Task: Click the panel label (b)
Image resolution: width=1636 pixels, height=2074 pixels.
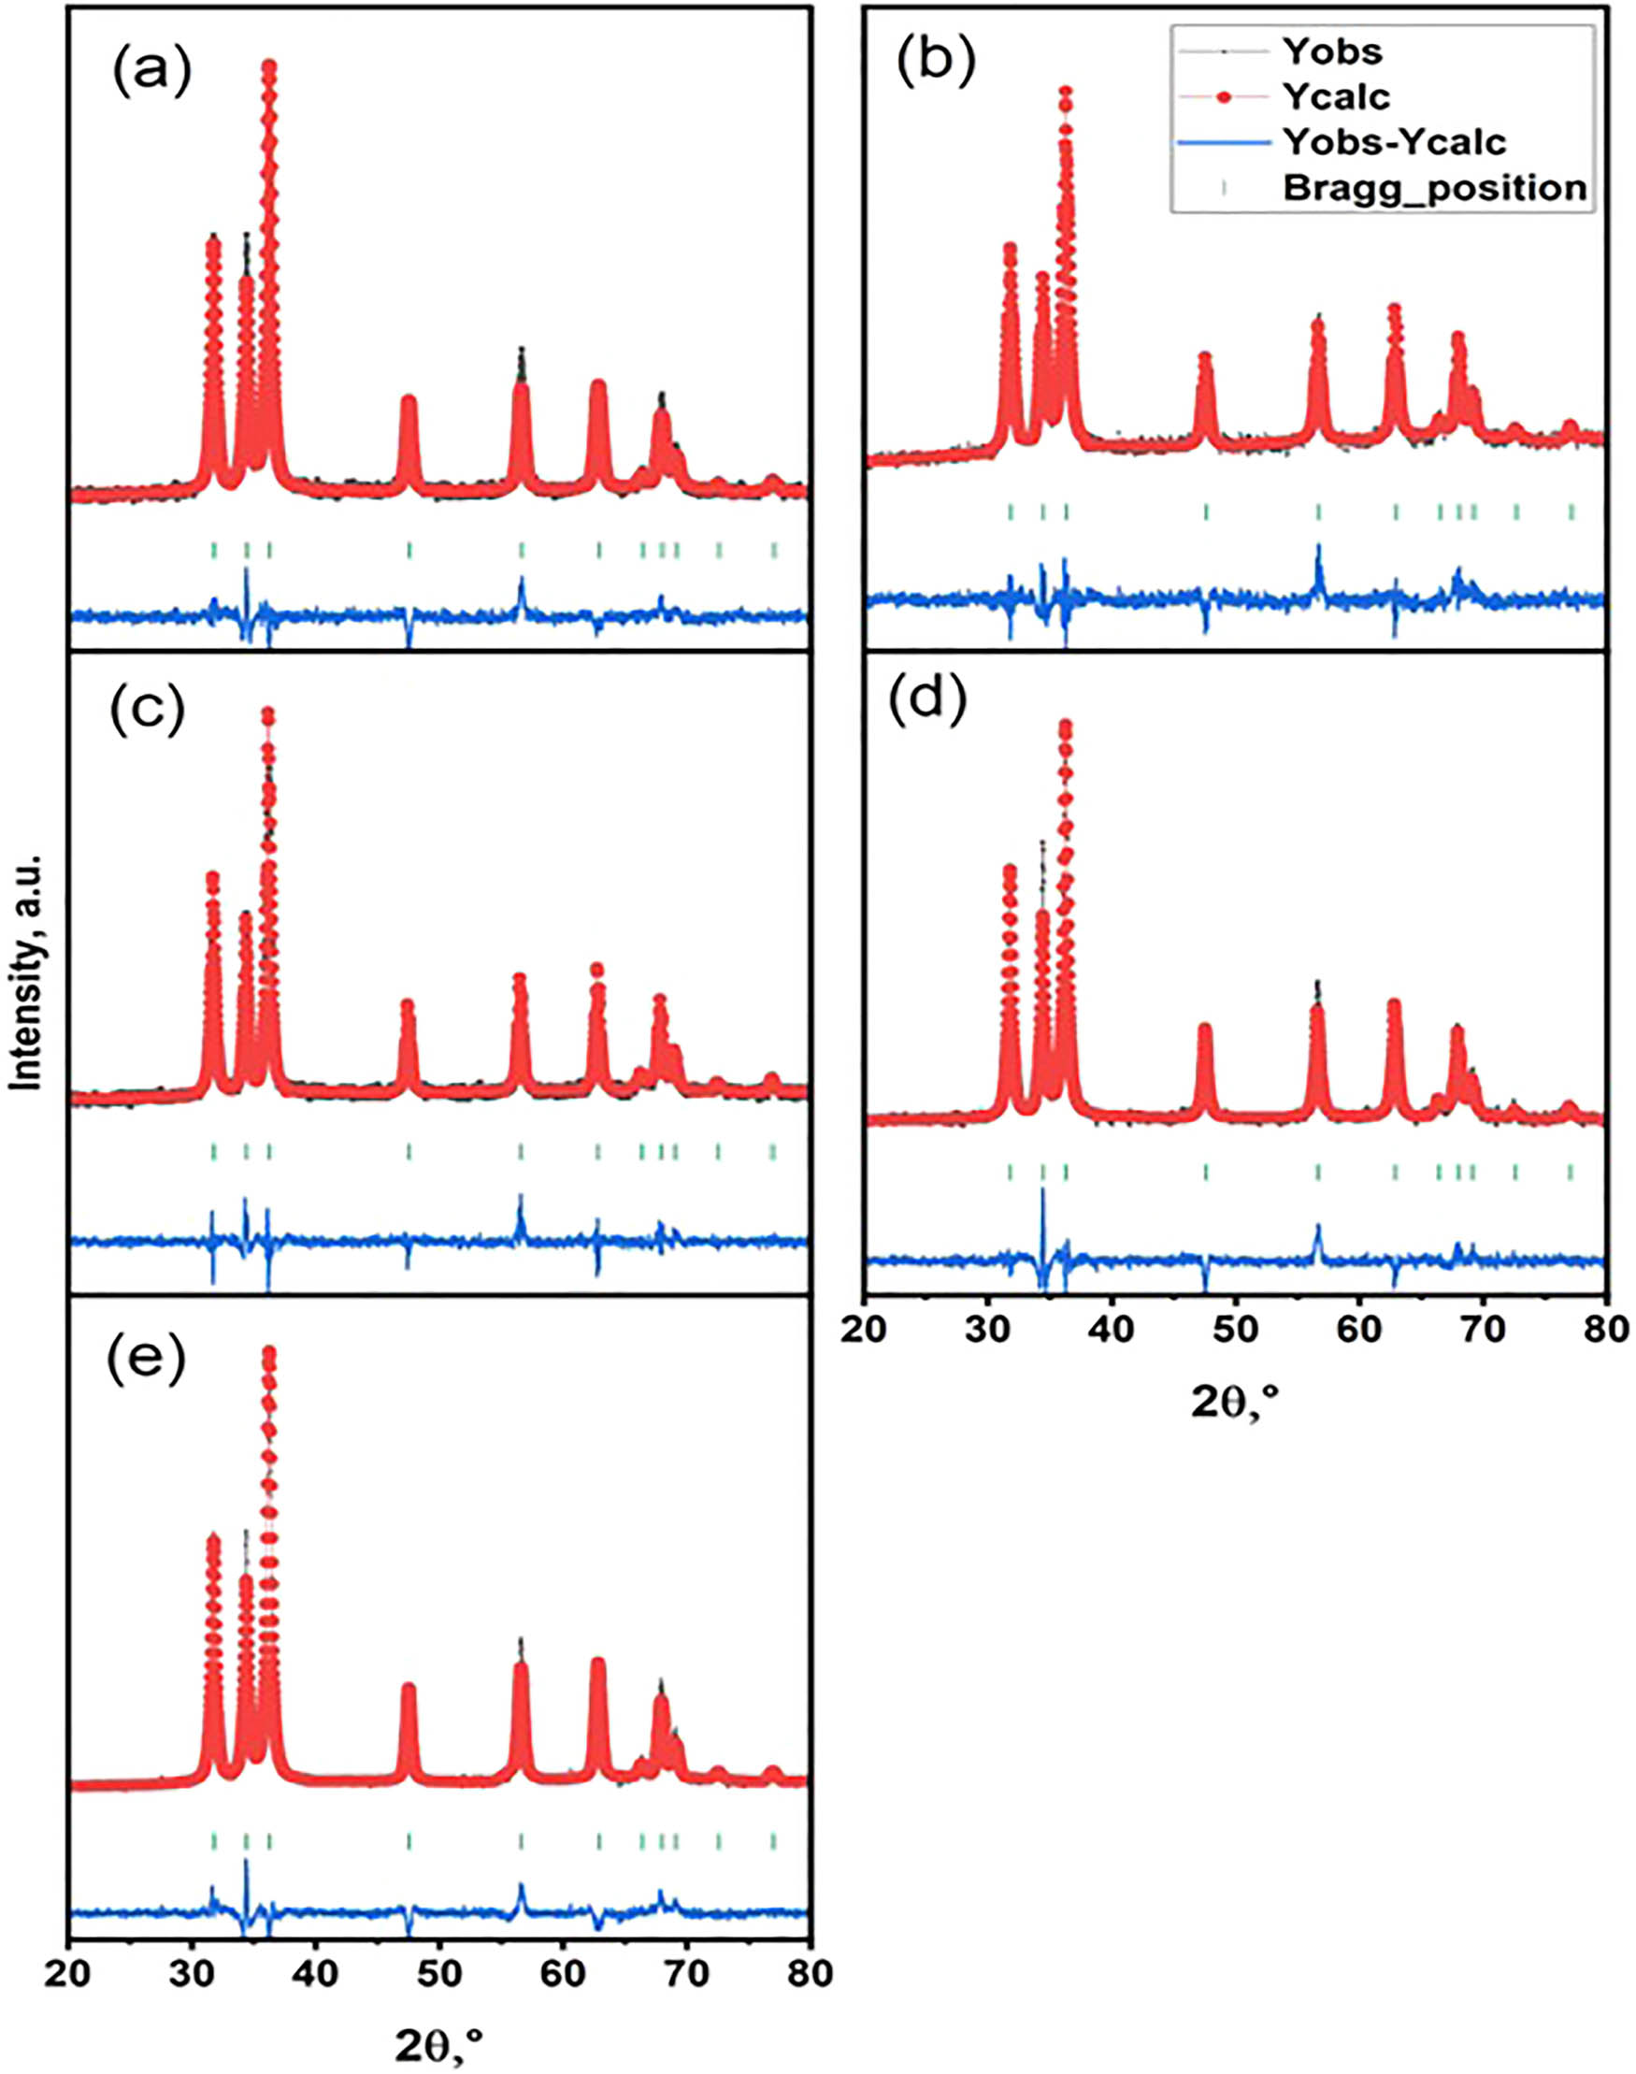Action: click(x=936, y=62)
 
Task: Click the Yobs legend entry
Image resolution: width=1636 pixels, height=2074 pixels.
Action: click(x=1331, y=50)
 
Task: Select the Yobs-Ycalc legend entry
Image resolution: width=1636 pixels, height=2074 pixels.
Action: click(x=1393, y=142)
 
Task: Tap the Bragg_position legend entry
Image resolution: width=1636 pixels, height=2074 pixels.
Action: click(x=1434, y=188)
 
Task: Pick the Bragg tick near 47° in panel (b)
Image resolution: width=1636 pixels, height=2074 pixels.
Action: click(x=1206, y=512)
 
